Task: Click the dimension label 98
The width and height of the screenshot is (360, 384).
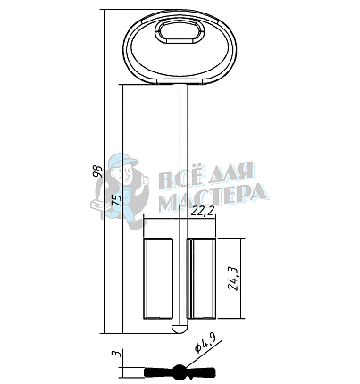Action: click(x=98, y=171)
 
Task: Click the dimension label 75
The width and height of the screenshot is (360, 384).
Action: click(x=116, y=199)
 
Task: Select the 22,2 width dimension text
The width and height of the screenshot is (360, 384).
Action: click(x=203, y=211)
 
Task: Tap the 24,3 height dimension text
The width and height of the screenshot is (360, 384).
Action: click(x=232, y=278)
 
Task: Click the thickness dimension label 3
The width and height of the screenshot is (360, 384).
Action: click(x=116, y=355)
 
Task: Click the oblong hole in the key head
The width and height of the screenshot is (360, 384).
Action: click(x=180, y=31)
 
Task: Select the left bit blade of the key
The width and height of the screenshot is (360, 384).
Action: click(x=158, y=279)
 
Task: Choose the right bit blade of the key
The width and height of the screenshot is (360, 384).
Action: click(x=201, y=279)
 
